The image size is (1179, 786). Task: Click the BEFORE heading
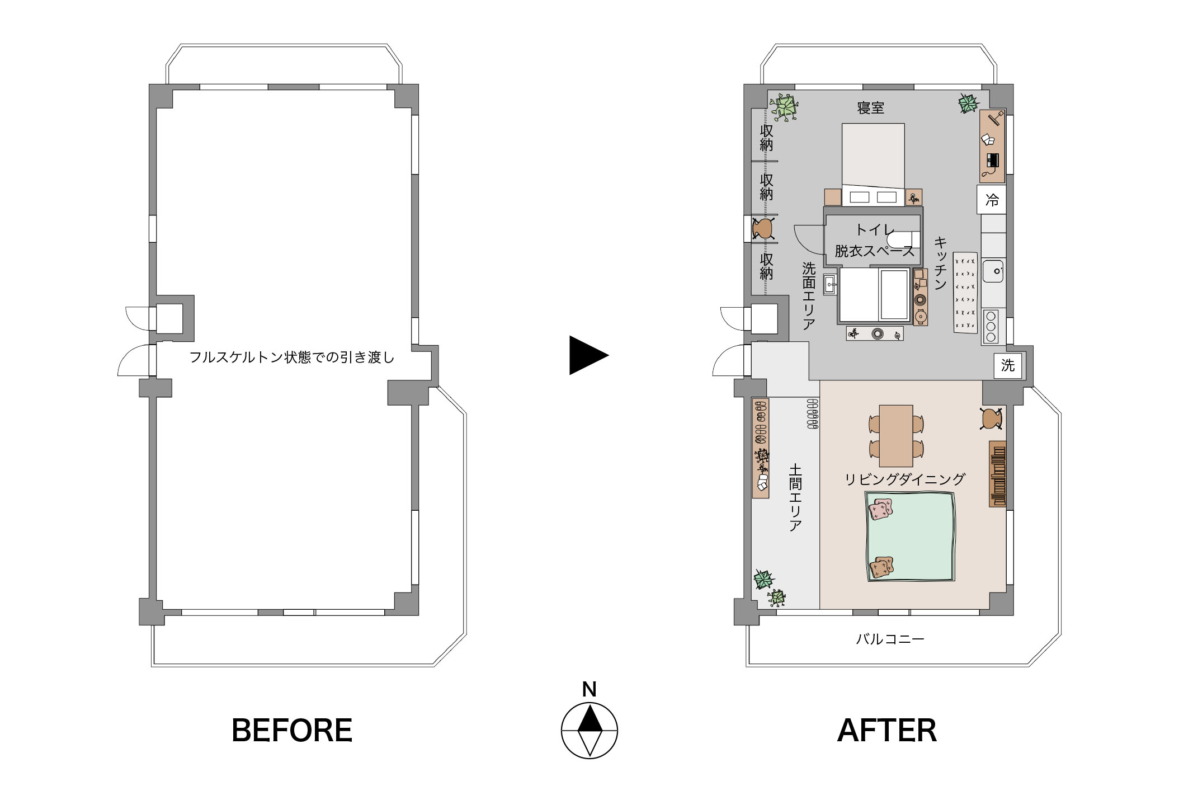[292, 730]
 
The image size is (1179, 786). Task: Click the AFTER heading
[887, 730]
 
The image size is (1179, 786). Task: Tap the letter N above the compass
[589, 689]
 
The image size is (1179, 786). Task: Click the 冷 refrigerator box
[992, 200]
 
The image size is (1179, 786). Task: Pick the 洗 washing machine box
[1008, 365]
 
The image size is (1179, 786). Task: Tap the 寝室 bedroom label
[871, 108]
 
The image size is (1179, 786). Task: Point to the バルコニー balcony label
[890, 639]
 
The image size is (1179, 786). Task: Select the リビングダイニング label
[905, 479]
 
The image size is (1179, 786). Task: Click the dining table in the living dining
[896, 436]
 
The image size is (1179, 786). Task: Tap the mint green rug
[910, 537]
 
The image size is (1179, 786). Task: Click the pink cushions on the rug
[881, 509]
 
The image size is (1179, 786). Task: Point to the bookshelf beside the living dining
[998, 474]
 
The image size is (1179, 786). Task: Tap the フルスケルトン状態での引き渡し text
[292, 357]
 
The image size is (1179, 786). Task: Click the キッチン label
[941, 262]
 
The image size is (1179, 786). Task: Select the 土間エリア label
[795, 497]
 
